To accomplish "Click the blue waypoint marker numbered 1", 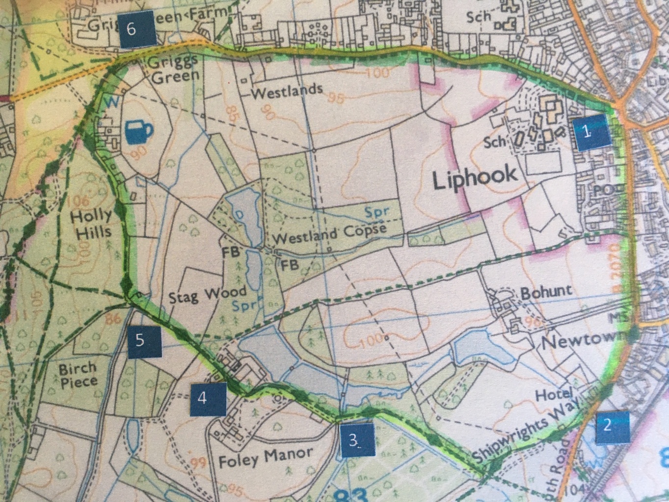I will coord(592,132).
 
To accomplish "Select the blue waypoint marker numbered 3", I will coord(356,441).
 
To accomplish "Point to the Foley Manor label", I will coord(265,458).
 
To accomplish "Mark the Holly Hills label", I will coord(91,223).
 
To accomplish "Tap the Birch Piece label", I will coord(78,375).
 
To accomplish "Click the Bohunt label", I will coord(546,292).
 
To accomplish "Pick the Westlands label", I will coord(287,91).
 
